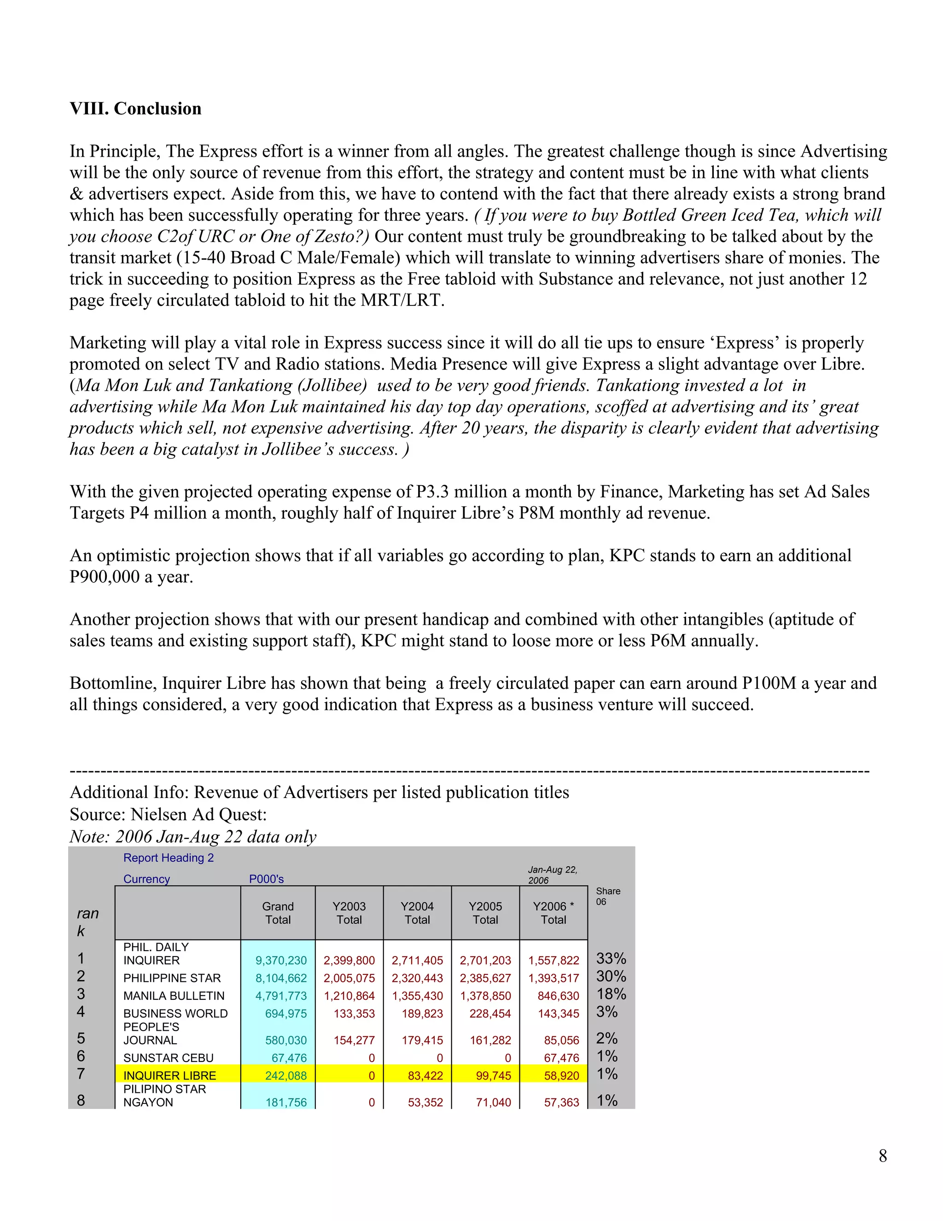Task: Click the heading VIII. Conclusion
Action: (x=135, y=108)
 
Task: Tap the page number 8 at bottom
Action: (x=882, y=1156)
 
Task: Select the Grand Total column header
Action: (x=278, y=913)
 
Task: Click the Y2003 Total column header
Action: (x=349, y=913)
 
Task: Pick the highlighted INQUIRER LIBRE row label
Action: (x=169, y=1076)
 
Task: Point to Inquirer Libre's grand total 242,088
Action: (x=285, y=1076)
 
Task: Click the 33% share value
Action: (x=611, y=958)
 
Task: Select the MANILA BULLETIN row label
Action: (x=174, y=996)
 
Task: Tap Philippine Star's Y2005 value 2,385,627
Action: (x=485, y=978)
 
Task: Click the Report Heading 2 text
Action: (x=168, y=857)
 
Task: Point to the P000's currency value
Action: (x=266, y=879)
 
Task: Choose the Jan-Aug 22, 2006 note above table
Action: (x=552, y=875)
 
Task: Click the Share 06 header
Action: (x=607, y=896)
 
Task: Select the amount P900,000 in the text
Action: (x=105, y=576)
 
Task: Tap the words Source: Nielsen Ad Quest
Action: (x=168, y=814)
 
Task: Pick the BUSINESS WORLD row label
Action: (x=175, y=1014)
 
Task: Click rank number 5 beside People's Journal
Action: (x=81, y=1038)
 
